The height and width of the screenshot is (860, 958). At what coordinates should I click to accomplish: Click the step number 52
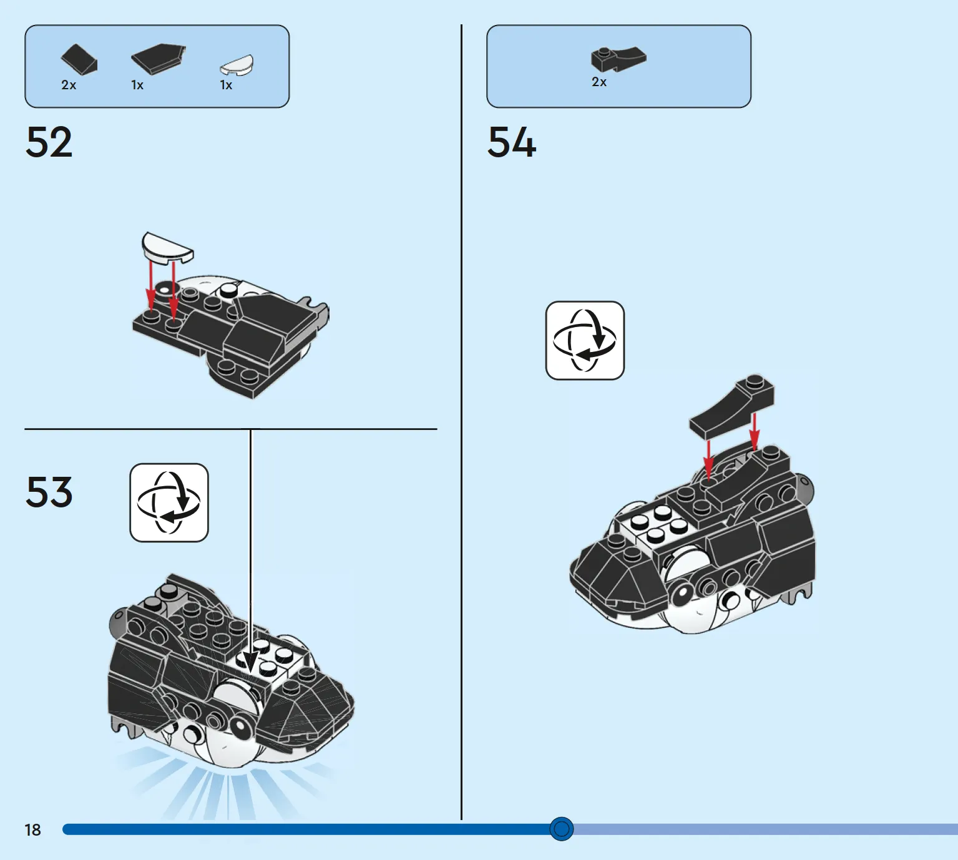coord(49,142)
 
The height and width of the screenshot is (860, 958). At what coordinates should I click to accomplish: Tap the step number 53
coord(49,492)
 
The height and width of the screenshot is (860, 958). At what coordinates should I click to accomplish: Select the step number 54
coord(512,142)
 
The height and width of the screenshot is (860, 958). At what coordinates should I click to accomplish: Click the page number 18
coord(32,830)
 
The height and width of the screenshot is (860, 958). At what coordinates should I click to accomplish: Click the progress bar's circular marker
coord(561,829)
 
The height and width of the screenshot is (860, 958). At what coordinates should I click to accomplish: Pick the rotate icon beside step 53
coord(169,502)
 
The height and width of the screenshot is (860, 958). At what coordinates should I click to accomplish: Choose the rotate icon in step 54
coord(585,340)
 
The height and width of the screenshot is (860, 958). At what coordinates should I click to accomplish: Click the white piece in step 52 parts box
coord(237,66)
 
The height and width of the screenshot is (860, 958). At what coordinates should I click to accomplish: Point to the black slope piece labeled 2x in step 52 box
coord(79,59)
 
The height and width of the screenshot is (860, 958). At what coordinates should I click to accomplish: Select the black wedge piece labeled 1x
coord(159,59)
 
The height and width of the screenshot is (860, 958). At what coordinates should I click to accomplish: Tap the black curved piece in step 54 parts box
coord(618,59)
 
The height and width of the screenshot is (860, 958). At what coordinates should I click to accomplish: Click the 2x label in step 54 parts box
coord(599,82)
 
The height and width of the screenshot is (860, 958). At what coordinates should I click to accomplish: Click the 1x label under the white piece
coord(226,85)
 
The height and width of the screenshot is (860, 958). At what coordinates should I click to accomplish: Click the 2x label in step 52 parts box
coord(69,85)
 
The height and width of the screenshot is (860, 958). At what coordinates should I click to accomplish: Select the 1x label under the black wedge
coord(137,85)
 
